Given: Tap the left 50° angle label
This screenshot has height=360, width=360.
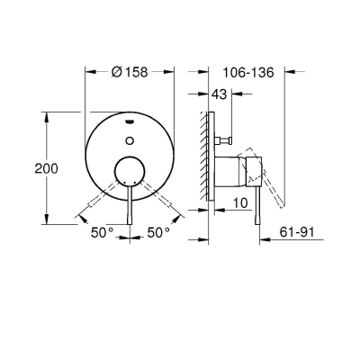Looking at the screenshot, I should pyautogui.click(x=103, y=232).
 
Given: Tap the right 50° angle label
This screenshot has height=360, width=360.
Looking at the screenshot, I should pyautogui.click(x=157, y=232).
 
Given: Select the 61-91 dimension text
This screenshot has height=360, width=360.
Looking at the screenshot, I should pyautogui.click(x=300, y=232).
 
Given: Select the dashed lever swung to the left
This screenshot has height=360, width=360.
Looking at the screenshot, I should pyautogui.click(x=103, y=196).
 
